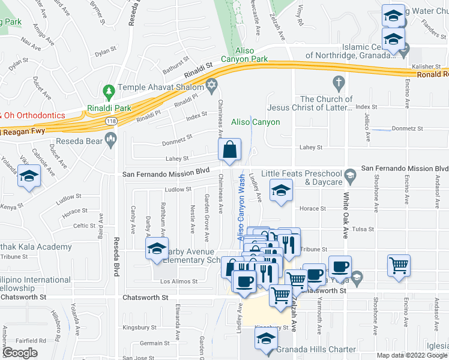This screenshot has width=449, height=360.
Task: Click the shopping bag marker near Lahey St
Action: [x=230, y=150]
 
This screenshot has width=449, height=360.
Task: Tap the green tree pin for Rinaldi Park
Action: [x=109, y=92]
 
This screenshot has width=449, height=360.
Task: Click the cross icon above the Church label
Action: [x=339, y=82]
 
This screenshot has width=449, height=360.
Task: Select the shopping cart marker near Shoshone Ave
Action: [x=399, y=265]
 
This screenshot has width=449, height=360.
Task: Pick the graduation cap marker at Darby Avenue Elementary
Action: [x=157, y=250]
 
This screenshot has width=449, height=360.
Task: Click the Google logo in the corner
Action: [x=20, y=353]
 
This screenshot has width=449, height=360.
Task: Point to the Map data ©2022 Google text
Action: [x=412, y=355]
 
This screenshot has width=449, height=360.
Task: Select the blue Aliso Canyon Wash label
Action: [x=241, y=208]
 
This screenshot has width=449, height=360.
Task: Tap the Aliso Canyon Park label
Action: [x=253, y=55]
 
